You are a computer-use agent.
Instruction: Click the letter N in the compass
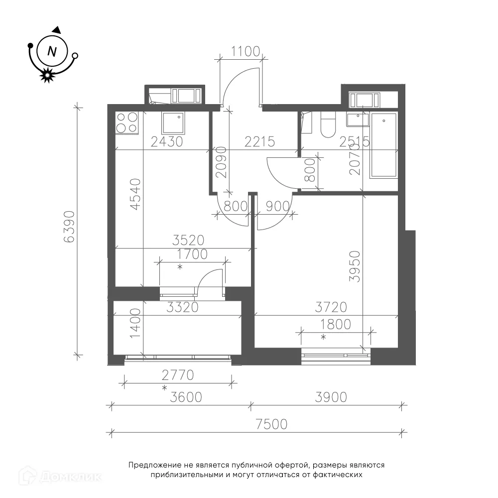[x=52, y=51]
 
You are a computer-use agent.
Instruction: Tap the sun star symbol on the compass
[x=47, y=75]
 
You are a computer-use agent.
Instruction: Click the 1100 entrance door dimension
[x=246, y=51]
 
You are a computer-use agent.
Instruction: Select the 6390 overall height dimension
[x=69, y=227]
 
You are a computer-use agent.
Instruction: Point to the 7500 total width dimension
[x=271, y=424]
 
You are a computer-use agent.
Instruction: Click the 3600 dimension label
[x=186, y=397]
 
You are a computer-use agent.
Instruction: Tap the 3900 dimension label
[x=331, y=397]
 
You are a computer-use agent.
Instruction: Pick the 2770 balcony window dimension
[x=178, y=375]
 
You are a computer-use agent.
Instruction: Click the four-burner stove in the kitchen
[x=126, y=123]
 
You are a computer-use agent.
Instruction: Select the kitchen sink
[x=173, y=123]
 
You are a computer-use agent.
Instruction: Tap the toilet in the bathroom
[x=328, y=125]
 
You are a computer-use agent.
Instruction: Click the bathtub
[x=383, y=145]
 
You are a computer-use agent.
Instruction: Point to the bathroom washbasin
[x=358, y=120]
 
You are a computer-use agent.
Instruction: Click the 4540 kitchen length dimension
[x=135, y=194]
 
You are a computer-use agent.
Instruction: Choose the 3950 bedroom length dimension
[x=355, y=266]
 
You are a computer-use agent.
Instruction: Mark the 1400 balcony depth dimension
[x=135, y=323]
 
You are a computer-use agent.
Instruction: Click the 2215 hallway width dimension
[x=259, y=141]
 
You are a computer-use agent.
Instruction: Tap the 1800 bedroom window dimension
[x=335, y=325]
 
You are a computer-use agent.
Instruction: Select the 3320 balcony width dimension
[x=183, y=307]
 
